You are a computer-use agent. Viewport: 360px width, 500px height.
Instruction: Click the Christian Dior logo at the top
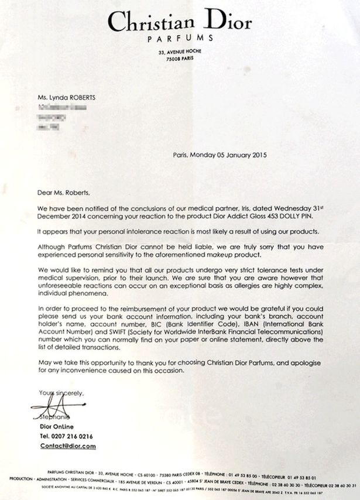(180, 22)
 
